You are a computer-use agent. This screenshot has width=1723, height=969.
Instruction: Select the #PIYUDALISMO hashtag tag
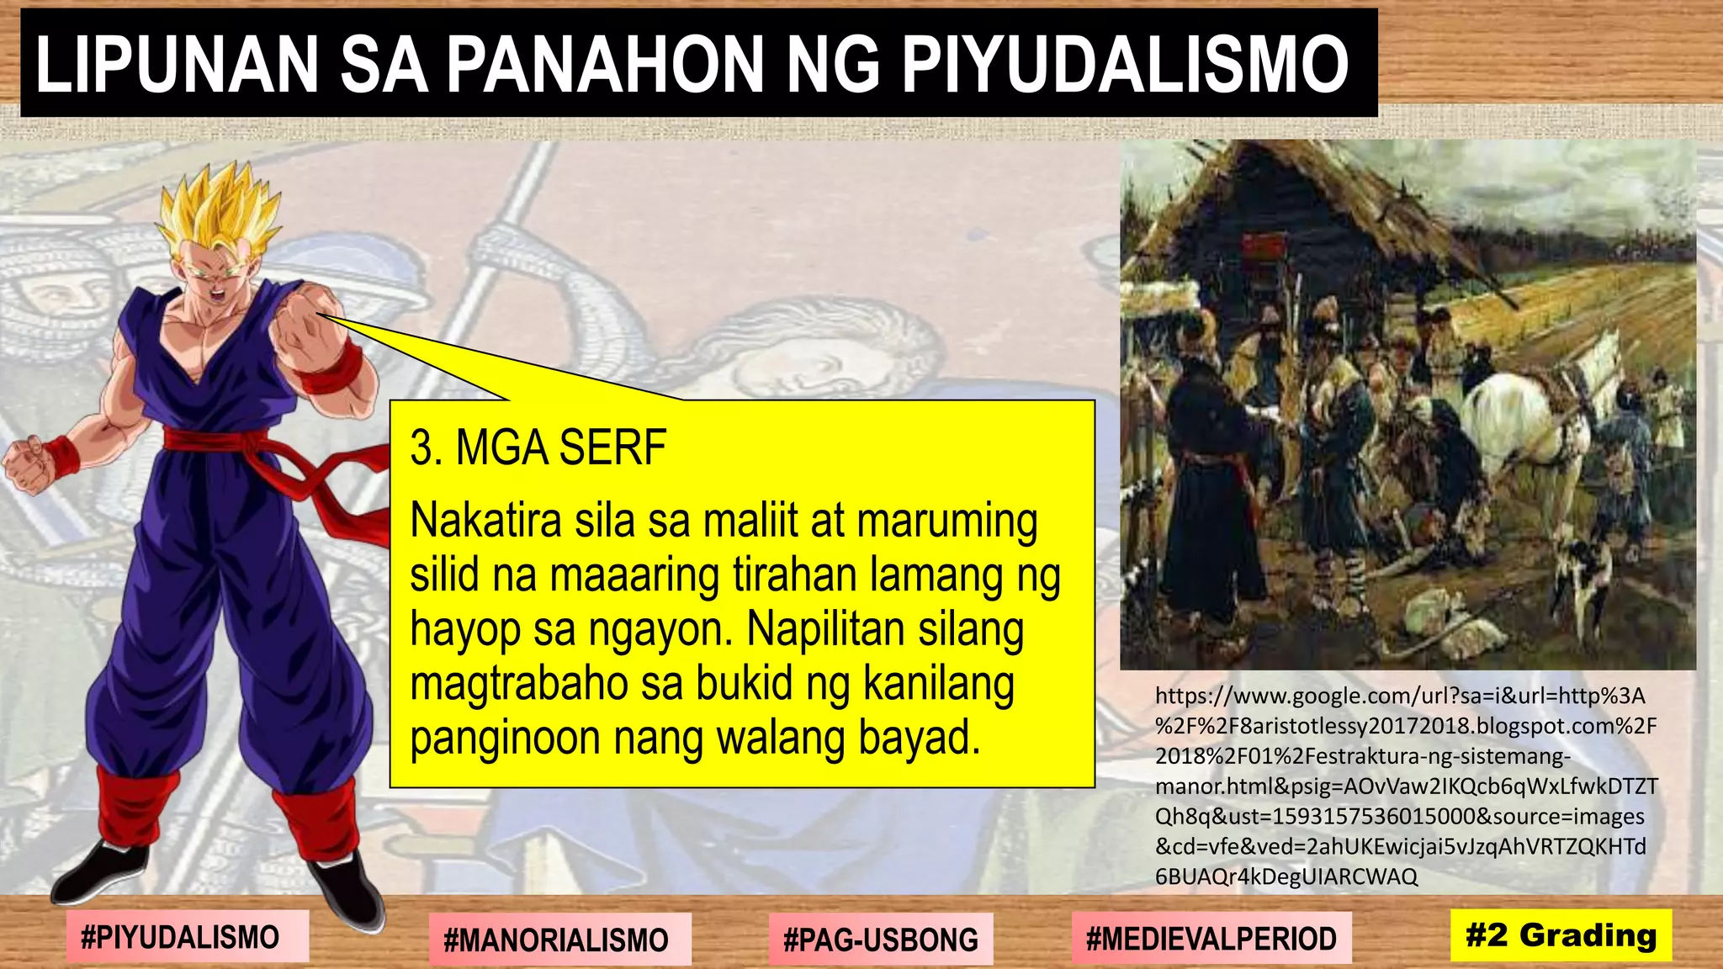tap(180, 936)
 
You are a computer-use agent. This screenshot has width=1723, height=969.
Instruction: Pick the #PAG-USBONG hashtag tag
tap(880, 939)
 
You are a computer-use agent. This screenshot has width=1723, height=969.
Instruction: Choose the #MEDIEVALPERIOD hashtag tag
tap(1211, 938)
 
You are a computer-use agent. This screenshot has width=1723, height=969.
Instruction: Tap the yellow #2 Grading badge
tap(1561, 935)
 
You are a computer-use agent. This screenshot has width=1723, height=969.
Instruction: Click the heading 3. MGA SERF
tap(538, 447)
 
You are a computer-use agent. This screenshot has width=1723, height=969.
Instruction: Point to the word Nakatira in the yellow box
tap(485, 521)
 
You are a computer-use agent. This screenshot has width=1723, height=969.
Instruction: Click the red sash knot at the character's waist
tap(215, 440)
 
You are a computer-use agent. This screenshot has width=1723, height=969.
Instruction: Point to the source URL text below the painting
tap(1405, 786)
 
